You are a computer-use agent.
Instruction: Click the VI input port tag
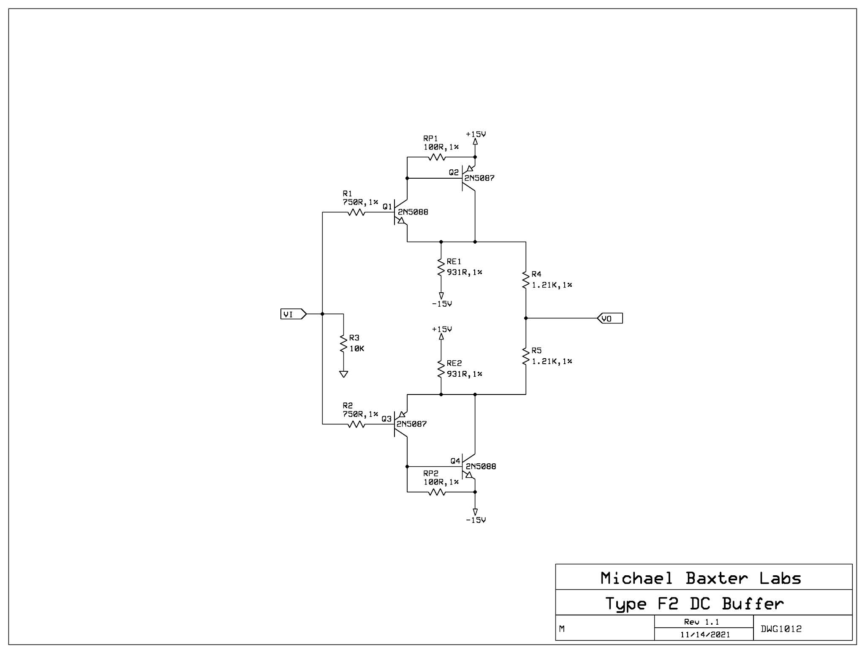[x=293, y=314]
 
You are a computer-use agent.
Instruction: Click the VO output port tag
[x=610, y=318]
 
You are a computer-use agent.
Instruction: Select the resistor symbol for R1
[x=356, y=212]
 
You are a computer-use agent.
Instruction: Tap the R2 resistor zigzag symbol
[x=356, y=424]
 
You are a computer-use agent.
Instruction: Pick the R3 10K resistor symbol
[x=343, y=343]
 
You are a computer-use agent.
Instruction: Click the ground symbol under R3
[x=343, y=374]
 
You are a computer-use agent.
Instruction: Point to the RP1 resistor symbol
[x=437, y=158]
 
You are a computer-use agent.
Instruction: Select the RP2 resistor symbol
[x=437, y=492]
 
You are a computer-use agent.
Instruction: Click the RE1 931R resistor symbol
[x=441, y=267]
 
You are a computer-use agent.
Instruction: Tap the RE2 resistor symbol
[x=441, y=369]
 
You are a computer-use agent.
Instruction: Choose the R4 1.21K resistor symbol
[x=526, y=280]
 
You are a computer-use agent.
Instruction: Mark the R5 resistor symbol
[x=526, y=356]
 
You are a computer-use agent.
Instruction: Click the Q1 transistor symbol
[x=400, y=212]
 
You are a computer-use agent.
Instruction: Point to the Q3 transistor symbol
[x=400, y=424]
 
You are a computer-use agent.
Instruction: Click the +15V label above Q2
[x=476, y=134]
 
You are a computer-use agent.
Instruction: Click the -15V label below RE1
[x=442, y=304]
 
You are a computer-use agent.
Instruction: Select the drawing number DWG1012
[x=781, y=629]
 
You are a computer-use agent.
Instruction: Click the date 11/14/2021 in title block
[x=705, y=634]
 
